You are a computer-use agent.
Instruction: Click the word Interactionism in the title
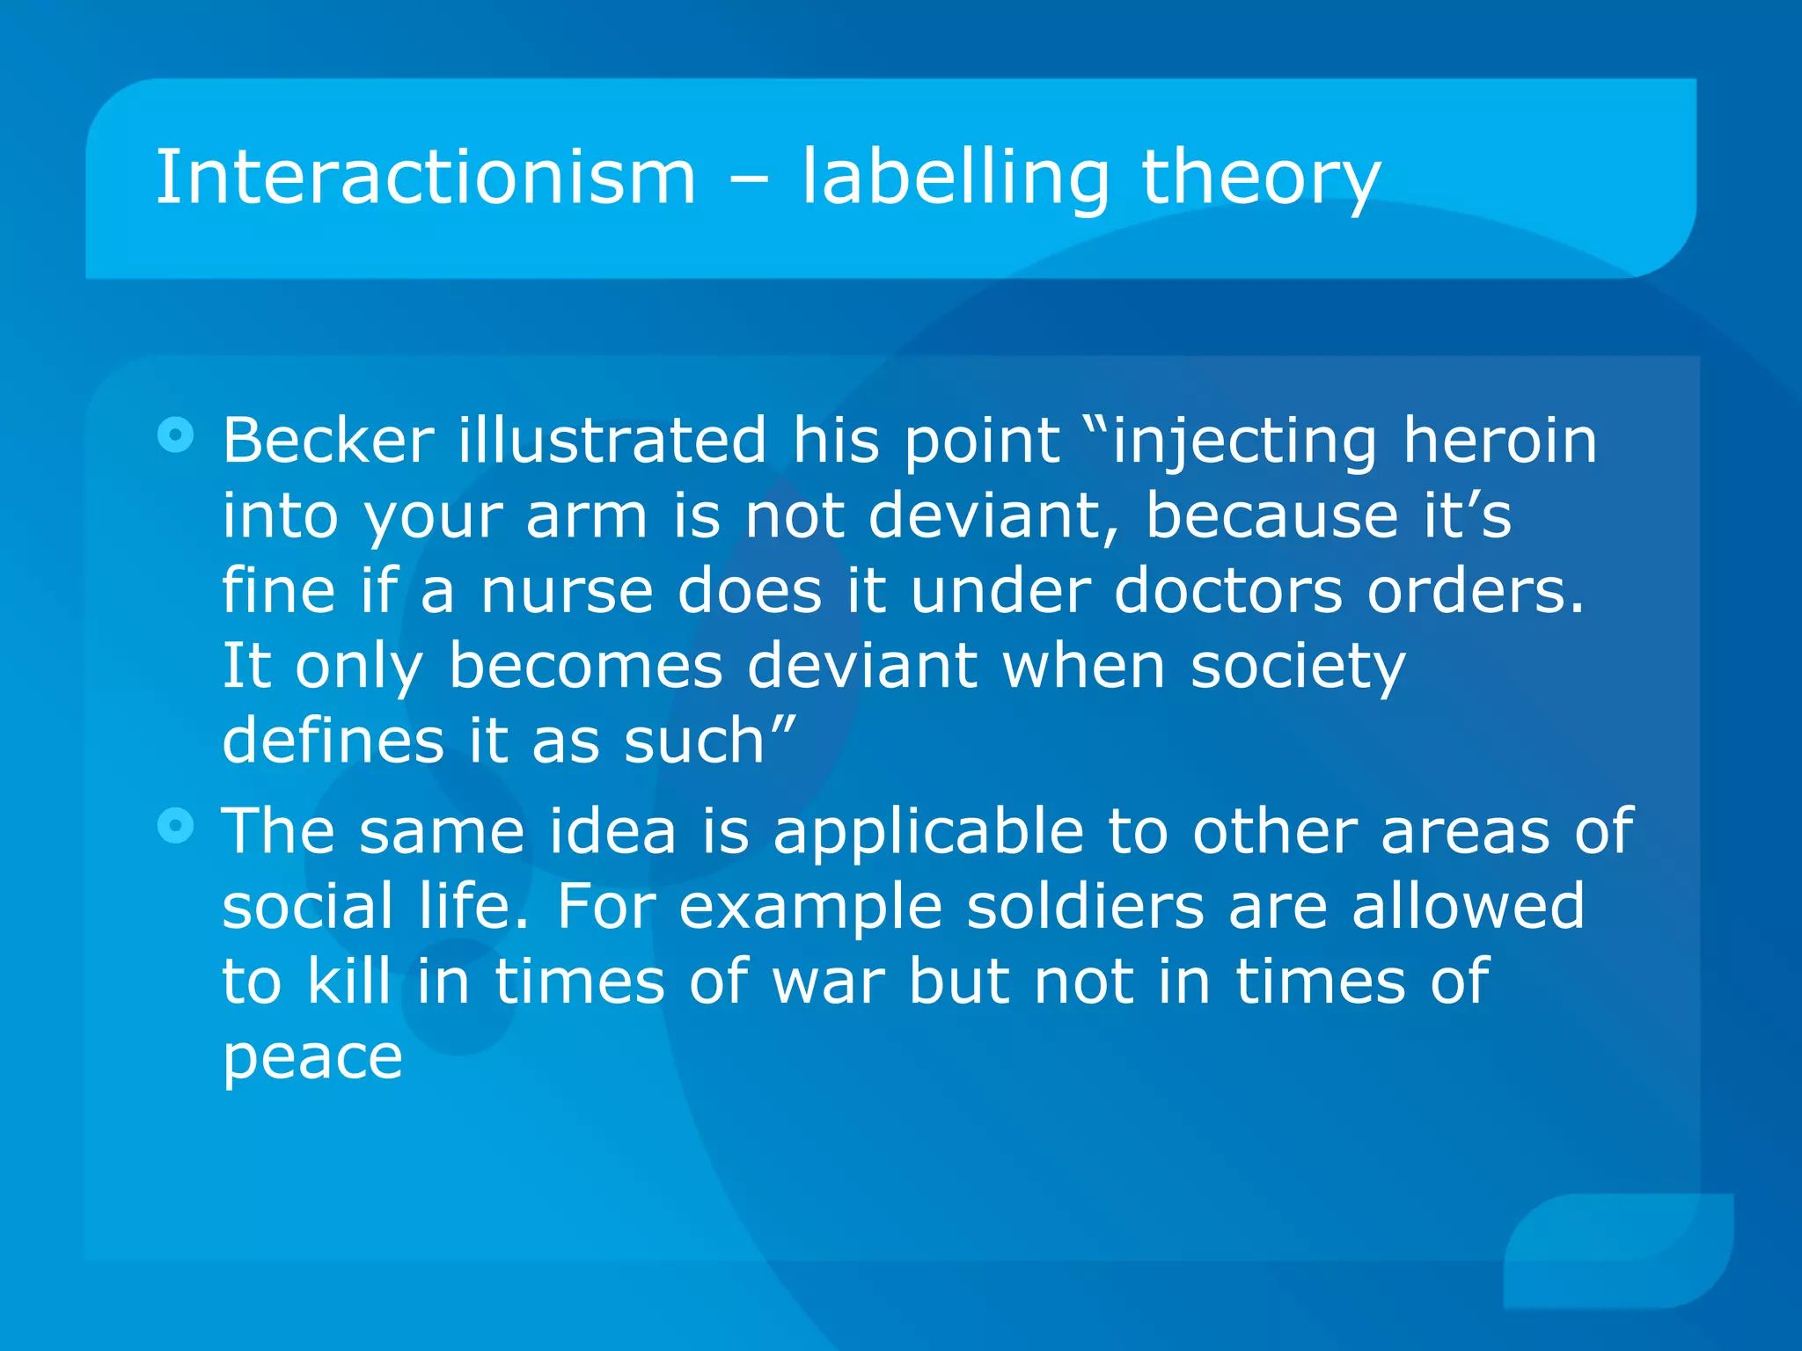[x=426, y=178]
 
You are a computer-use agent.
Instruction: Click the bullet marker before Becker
[x=176, y=435]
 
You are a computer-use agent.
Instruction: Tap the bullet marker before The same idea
[x=176, y=826]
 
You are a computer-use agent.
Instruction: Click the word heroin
[x=1499, y=440]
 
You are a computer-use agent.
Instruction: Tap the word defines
[x=333, y=741]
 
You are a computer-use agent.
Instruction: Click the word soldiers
[x=1085, y=907]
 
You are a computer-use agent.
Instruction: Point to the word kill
[x=348, y=981]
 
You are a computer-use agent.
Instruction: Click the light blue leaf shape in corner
[x=1620, y=1250]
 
